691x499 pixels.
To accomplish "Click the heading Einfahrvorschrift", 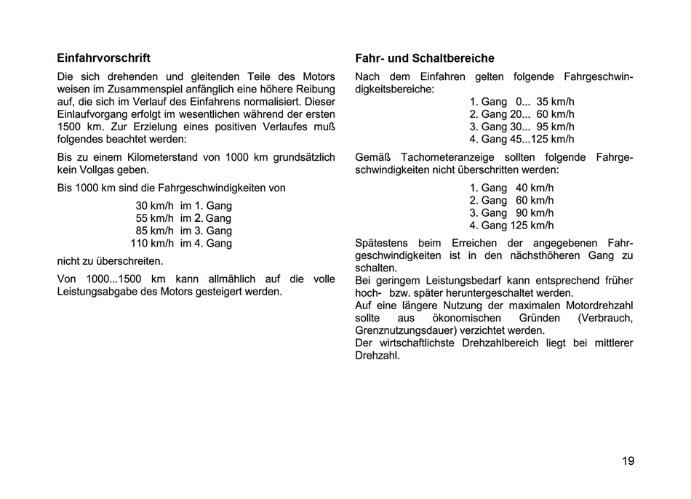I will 103,57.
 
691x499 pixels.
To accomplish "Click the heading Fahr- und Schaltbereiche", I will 425,58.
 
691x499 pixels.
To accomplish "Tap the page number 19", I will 628,460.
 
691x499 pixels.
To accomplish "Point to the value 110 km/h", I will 152,243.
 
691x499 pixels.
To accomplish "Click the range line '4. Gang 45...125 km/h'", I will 522,139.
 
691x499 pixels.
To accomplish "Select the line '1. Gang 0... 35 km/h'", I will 522,102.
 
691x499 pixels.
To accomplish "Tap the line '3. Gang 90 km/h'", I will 511,213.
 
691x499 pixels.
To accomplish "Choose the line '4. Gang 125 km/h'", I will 511,225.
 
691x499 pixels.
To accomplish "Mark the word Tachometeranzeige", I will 436,157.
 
